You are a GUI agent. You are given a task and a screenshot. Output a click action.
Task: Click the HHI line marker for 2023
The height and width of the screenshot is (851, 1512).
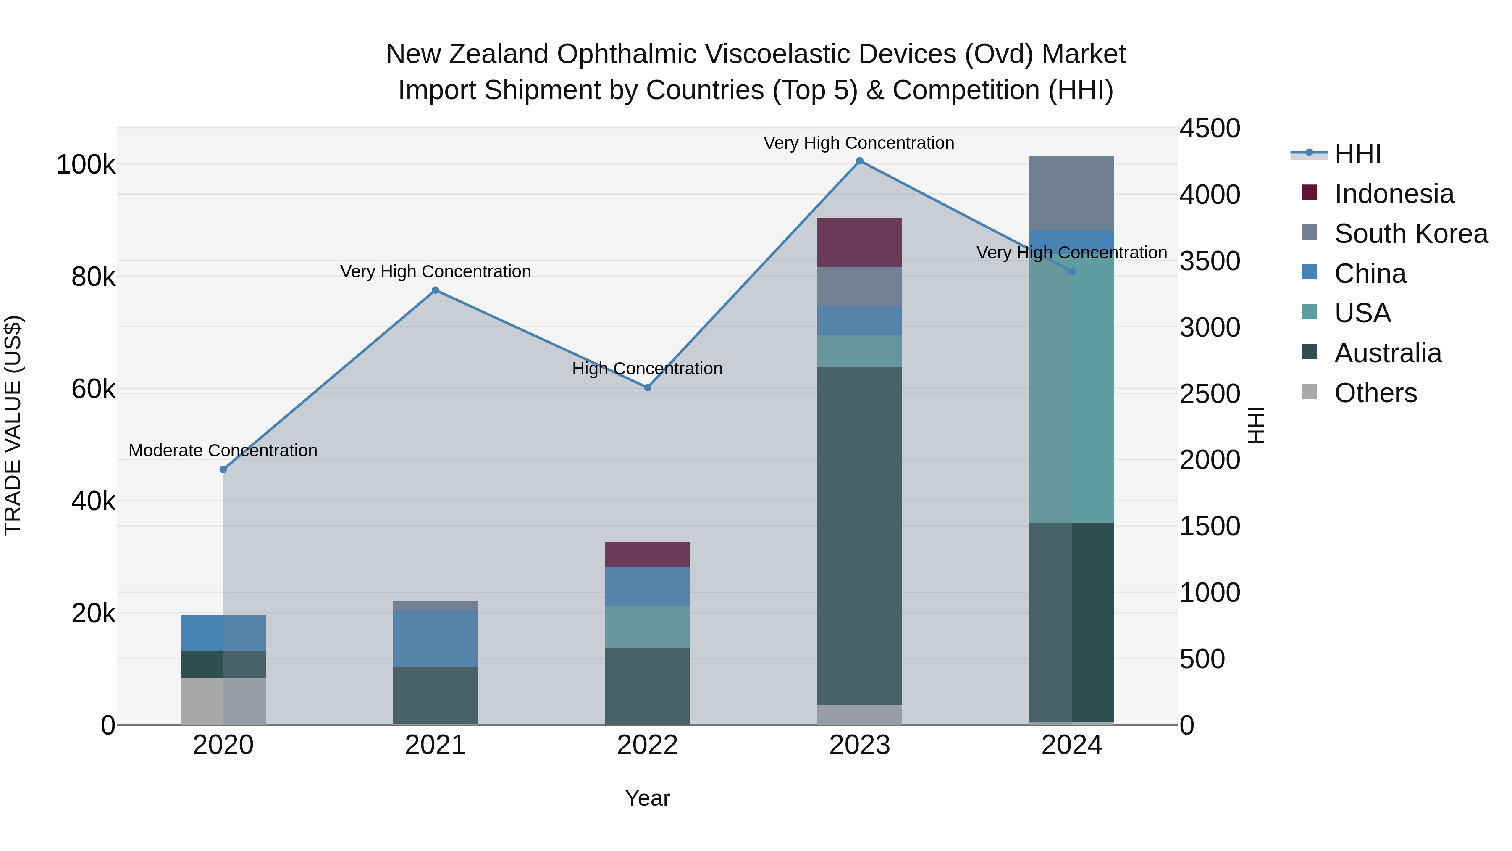click(x=859, y=161)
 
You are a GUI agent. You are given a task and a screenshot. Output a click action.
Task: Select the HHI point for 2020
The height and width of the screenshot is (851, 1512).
click(x=223, y=469)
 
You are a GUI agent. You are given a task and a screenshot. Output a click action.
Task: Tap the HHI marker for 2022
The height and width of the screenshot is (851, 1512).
click(x=647, y=387)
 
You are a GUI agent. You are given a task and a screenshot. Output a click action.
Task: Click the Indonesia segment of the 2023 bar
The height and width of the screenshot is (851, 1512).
click(x=859, y=242)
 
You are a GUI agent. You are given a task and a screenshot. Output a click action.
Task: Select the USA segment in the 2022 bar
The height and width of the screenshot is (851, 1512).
click(x=647, y=627)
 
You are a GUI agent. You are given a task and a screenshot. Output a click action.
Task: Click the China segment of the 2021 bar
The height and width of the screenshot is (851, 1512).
click(x=435, y=638)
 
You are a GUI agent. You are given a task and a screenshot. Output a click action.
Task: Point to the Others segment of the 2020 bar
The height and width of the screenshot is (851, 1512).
click(x=223, y=701)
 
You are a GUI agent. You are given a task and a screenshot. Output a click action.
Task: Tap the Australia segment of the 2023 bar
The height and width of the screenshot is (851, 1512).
click(x=859, y=536)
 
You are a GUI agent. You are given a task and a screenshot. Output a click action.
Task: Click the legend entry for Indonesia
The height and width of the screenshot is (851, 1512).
click(x=1394, y=194)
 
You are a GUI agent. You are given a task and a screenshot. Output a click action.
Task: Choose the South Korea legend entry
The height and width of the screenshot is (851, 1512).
click(x=1410, y=234)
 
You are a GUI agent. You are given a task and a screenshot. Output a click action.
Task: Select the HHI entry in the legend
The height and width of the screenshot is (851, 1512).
click(x=1357, y=154)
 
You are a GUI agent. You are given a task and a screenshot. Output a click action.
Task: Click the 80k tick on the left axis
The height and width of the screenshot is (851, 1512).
click(x=93, y=277)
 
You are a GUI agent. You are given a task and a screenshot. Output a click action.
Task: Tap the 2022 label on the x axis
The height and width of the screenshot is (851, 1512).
click(x=647, y=745)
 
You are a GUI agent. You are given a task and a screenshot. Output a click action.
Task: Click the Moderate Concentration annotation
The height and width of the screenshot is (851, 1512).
click(x=223, y=451)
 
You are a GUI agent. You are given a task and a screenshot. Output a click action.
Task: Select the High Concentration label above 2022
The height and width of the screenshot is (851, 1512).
click(x=647, y=369)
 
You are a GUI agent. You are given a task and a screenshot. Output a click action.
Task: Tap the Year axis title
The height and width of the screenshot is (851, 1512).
click(x=647, y=798)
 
